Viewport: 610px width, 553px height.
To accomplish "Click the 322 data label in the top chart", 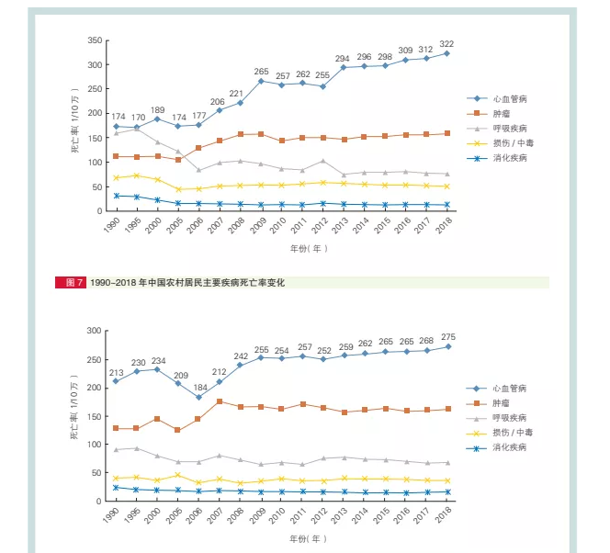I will click(447, 43).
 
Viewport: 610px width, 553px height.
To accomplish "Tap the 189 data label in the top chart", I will click(157, 109).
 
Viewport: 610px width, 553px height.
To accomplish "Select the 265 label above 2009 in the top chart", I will click(261, 72).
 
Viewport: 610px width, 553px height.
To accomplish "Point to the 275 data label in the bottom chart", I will click(447, 337).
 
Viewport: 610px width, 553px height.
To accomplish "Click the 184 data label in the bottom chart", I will click(198, 387).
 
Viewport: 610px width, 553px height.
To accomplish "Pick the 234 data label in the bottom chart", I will click(157, 360).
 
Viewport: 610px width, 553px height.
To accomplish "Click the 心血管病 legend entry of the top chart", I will click(508, 98).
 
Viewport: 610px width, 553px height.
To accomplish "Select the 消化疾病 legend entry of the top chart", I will click(508, 158).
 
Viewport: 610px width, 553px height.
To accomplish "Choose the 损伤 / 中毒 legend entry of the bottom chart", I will click(513, 432).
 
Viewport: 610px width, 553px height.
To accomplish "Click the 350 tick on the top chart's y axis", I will click(95, 41).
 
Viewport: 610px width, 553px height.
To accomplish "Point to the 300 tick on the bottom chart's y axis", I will click(95, 331).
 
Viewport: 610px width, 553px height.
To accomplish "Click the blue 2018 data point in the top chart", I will click(447, 53).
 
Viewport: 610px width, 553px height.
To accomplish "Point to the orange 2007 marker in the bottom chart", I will click(220, 401).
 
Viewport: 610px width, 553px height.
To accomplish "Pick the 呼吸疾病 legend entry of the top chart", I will click(508, 128).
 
